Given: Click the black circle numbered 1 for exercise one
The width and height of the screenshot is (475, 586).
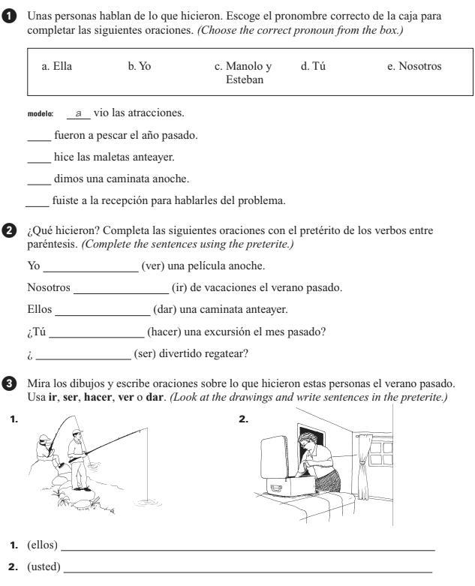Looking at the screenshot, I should click(x=8, y=15).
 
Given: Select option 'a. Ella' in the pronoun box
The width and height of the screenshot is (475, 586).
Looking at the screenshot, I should click(x=56, y=67).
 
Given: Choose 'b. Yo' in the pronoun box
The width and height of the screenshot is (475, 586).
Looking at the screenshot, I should click(x=139, y=67).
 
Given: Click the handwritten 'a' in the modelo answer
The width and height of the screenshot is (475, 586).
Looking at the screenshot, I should click(x=78, y=113).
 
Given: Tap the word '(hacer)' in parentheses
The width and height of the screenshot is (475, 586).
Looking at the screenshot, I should click(x=164, y=331).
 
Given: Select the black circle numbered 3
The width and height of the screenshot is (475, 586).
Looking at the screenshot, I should click(x=8, y=375).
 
